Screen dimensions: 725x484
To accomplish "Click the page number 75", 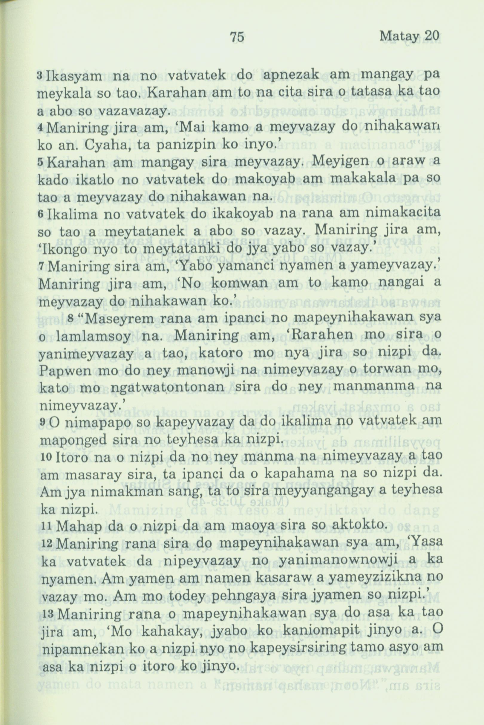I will (x=238, y=37).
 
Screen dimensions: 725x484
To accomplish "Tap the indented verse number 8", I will (x=71, y=317).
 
